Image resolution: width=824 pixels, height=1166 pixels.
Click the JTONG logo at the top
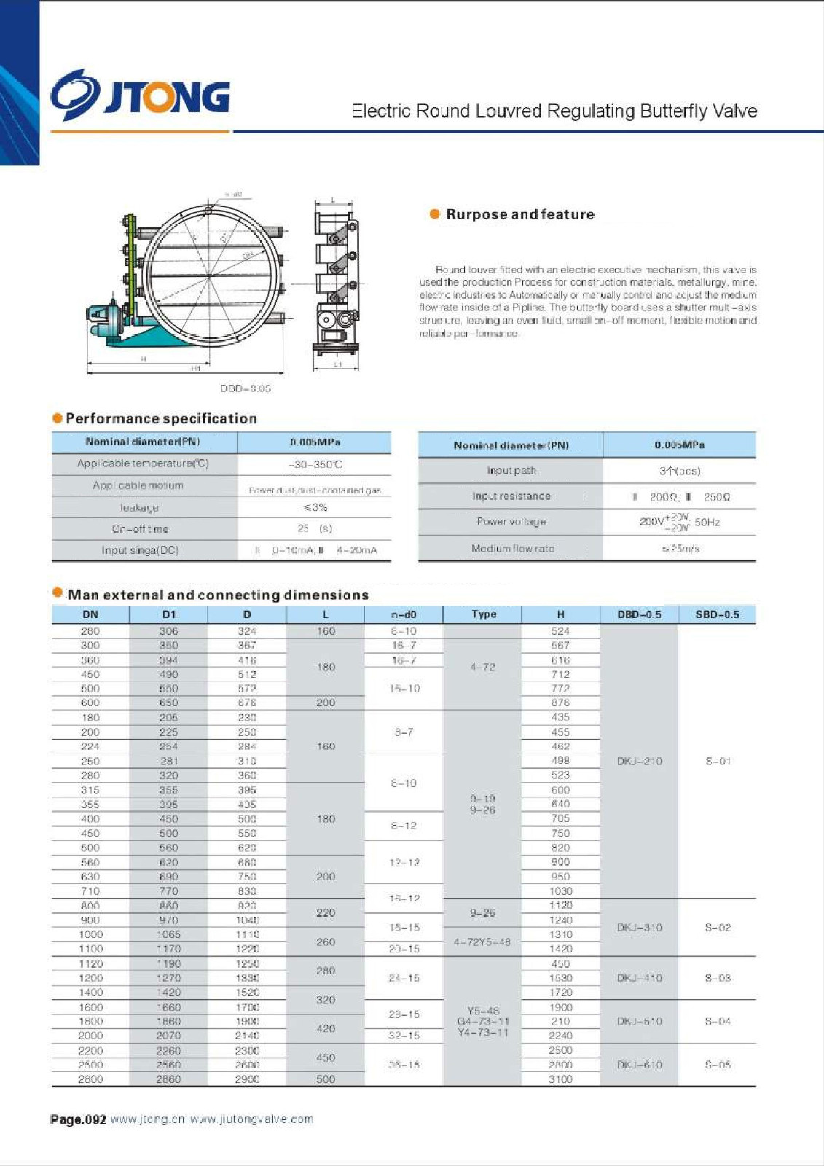(x=140, y=95)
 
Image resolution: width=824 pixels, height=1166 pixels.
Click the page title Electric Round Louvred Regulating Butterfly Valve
(x=554, y=111)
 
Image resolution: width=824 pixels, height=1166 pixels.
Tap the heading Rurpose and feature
(x=519, y=214)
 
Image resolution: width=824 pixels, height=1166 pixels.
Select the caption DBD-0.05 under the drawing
(x=246, y=388)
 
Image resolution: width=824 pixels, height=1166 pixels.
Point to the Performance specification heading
(x=161, y=418)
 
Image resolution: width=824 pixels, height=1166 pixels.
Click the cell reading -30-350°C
(x=315, y=464)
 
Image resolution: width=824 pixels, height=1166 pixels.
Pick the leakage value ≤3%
(x=315, y=507)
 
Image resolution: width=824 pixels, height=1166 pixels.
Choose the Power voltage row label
(x=511, y=522)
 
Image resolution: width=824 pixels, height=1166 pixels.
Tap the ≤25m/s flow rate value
(x=680, y=549)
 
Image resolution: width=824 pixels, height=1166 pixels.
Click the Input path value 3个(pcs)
(x=680, y=471)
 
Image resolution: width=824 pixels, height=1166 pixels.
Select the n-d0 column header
(x=404, y=614)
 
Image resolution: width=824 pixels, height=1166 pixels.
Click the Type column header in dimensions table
(x=484, y=614)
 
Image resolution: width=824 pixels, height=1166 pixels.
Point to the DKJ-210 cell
(x=640, y=761)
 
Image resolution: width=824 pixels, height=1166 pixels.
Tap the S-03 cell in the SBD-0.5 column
(x=718, y=978)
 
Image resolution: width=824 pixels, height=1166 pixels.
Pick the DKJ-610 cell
(x=640, y=1065)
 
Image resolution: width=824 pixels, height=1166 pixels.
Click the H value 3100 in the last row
(x=560, y=1079)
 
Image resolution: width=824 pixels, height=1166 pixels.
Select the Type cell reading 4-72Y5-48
(x=482, y=942)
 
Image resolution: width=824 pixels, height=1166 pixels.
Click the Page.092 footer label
(x=78, y=1119)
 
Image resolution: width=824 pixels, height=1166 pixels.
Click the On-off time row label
(x=140, y=528)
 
